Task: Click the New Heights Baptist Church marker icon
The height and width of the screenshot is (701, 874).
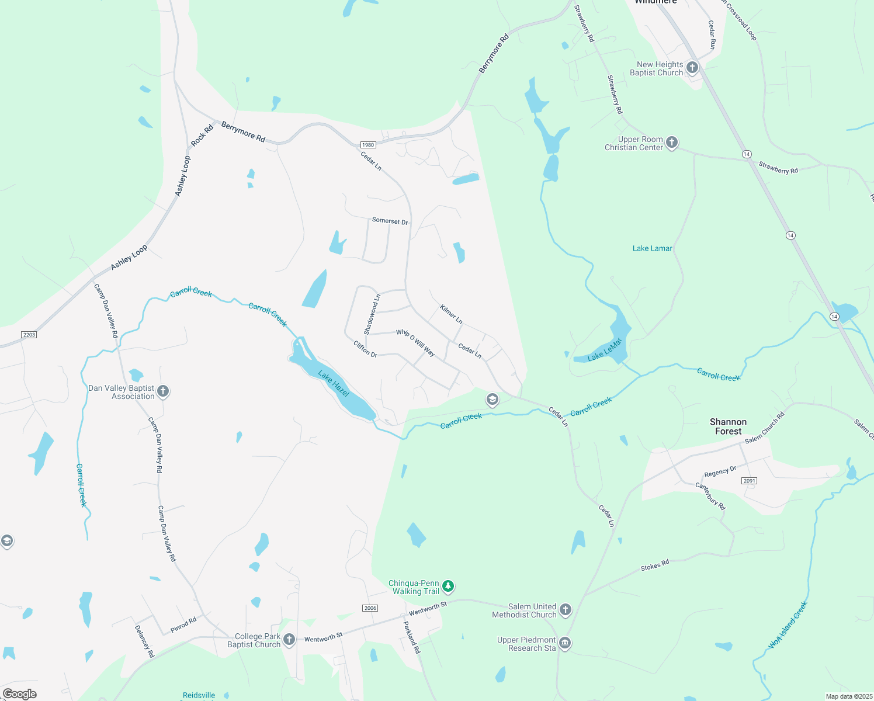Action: click(x=692, y=68)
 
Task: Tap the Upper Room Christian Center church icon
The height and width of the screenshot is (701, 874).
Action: click(x=672, y=143)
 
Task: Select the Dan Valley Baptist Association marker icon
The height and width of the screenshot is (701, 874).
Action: click(x=163, y=391)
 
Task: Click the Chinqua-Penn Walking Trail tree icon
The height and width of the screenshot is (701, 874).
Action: click(x=448, y=586)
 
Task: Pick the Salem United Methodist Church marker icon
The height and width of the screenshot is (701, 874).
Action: click(x=566, y=610)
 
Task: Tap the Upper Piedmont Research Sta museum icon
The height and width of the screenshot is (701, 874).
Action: click(x=565, y=643)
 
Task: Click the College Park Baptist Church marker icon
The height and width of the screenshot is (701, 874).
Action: click(x=289, y=640)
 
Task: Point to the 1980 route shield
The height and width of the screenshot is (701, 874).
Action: click(x=367, y=145)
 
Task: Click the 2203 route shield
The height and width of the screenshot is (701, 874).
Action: click(x=29, y=335)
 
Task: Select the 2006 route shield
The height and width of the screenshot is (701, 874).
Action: click(x=370, y=608)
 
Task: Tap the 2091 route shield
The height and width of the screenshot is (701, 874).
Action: click(x=750, y=481)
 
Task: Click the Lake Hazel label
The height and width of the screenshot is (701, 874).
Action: click(x=334, y=383)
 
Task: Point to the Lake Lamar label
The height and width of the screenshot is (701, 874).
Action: click(x=652, y=248)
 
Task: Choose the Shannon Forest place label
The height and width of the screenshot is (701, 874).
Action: click(x=728, y=426)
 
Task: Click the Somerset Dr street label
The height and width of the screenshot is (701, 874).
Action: click(x=390, y=221)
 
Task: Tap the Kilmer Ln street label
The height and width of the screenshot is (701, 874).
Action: click(x=451, y=314)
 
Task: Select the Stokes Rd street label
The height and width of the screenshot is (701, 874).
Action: click(x=654, y=565)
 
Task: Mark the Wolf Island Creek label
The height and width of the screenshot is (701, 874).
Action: click(x=788, y=624)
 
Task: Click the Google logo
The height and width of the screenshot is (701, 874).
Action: click(x=20, y=694)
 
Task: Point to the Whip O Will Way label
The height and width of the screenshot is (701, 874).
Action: click(x=415, y=342)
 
